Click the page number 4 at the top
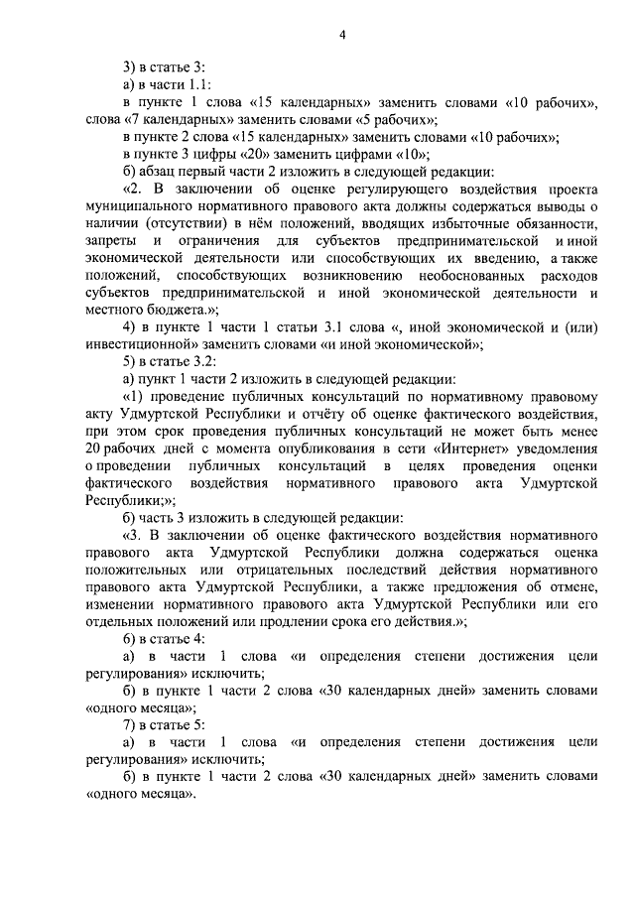[x=342, y=36]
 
